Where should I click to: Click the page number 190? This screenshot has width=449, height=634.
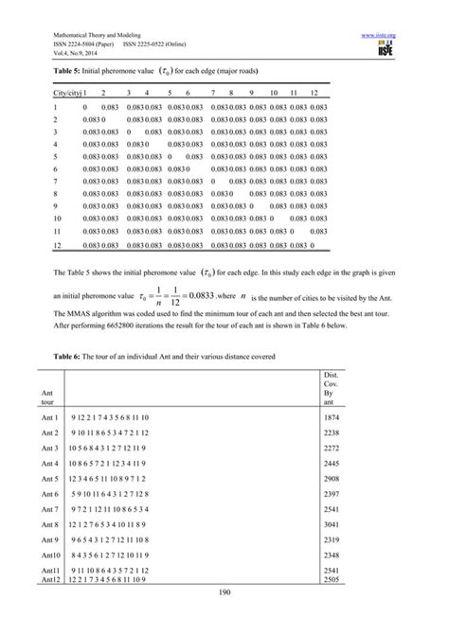(224, 617)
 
